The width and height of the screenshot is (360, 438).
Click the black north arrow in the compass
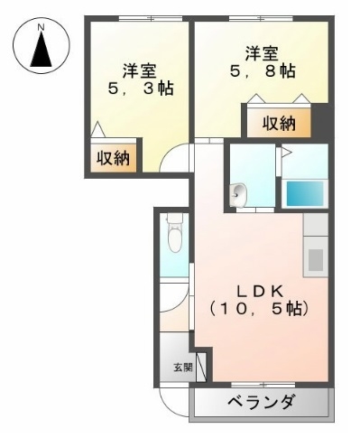point(41,52)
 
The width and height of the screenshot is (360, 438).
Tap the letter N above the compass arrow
point(41,28)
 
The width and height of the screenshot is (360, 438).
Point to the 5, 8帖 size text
point(262,70)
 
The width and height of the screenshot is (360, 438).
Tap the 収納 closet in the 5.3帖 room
point(114,157)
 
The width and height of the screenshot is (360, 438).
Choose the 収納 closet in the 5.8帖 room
point(279,123)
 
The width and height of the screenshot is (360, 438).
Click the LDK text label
point(260,291)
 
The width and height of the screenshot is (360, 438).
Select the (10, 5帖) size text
point(260,310)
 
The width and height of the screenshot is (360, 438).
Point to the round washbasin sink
point(237,194)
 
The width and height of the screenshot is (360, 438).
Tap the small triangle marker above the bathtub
point(282,152)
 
